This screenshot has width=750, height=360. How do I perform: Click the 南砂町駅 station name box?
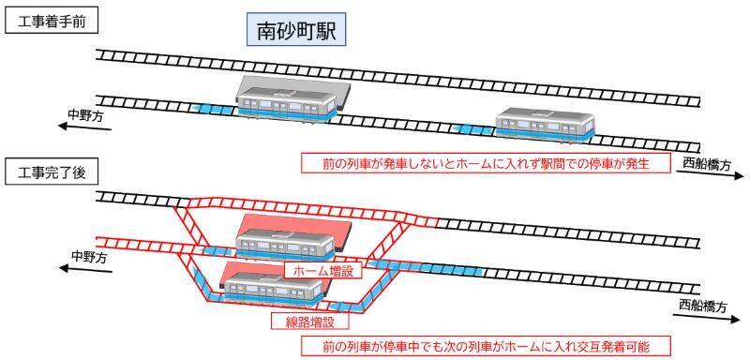(295, 31)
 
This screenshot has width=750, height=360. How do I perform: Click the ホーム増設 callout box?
(317, 271)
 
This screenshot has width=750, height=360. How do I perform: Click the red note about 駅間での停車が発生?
(487, 162)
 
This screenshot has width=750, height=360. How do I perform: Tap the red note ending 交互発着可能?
(487, 346)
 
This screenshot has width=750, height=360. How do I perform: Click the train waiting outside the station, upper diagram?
(545, 125)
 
